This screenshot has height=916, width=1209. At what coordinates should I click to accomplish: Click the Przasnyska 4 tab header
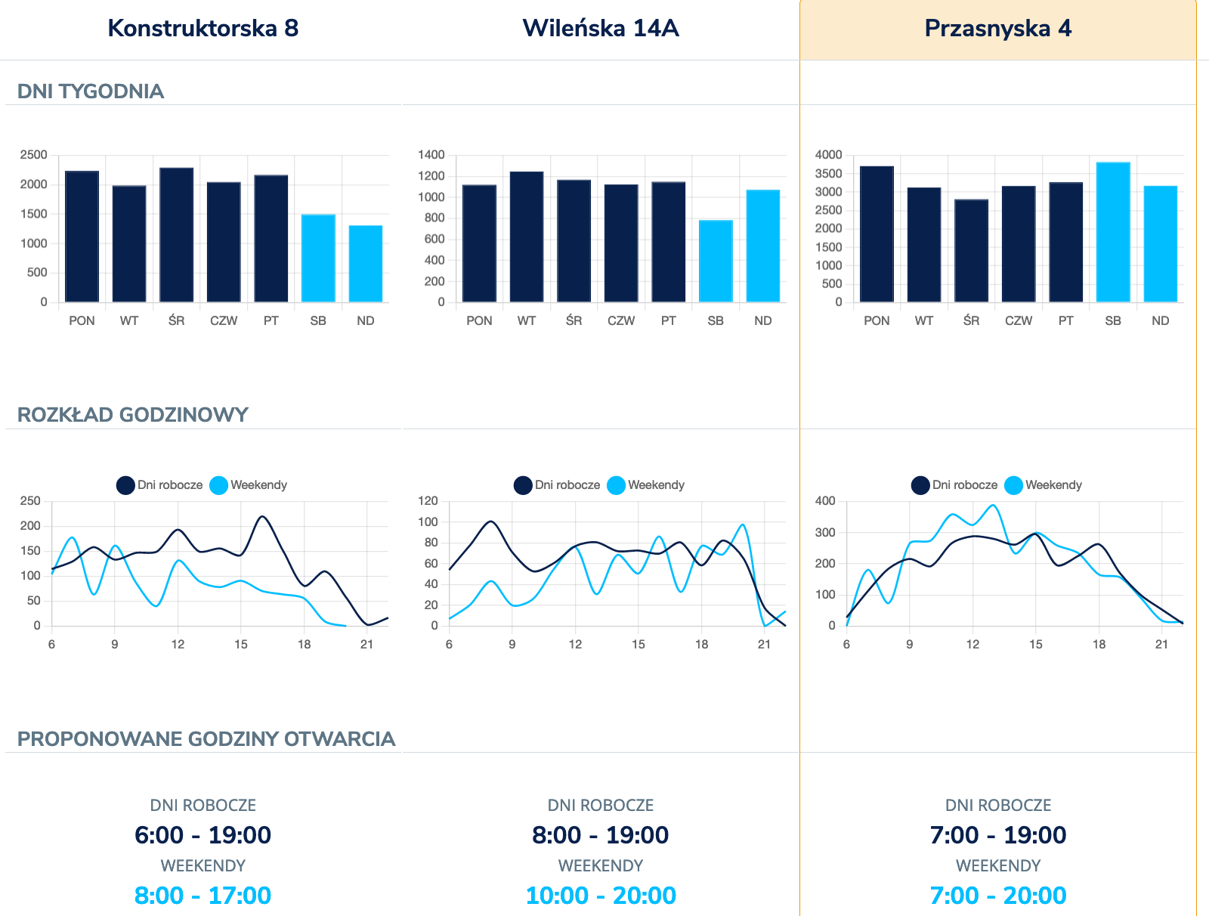click(997, 29)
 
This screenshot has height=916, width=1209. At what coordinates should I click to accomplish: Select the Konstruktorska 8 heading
click(203, 29)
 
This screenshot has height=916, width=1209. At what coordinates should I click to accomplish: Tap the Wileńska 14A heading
click(601, 29)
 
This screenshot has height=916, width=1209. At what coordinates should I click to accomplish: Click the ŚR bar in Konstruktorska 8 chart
click(176, 235)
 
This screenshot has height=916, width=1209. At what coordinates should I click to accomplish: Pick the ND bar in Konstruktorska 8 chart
click(366, 264)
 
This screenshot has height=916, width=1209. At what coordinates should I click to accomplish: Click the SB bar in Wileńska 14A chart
click(716, 261)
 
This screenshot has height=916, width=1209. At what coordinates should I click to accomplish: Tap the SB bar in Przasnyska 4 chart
click(1113, 232)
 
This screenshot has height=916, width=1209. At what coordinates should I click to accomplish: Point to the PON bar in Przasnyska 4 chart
click(877, 234)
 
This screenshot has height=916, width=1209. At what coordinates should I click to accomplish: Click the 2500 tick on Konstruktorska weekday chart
click(33, 155)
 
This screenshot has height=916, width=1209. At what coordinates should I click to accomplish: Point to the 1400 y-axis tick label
click(431, 155)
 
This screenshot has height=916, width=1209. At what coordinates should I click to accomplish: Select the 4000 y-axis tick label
click(828, 155)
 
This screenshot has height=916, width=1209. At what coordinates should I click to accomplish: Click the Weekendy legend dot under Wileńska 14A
click(616, 485)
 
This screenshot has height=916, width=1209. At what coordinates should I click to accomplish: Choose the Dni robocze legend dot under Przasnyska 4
click(920, 485)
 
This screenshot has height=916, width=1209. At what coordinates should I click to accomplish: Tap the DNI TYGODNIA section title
click(91, 91)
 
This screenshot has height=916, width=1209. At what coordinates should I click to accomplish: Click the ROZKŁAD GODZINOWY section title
click(133, 415)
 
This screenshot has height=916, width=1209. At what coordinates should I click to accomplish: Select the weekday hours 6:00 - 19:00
click(203, 835)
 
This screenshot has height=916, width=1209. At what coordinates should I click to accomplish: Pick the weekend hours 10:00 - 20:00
click(601, 896)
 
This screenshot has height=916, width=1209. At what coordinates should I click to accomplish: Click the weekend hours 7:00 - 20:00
click(997, 896)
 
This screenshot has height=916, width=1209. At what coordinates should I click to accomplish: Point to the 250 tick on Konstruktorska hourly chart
click(31, 501)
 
